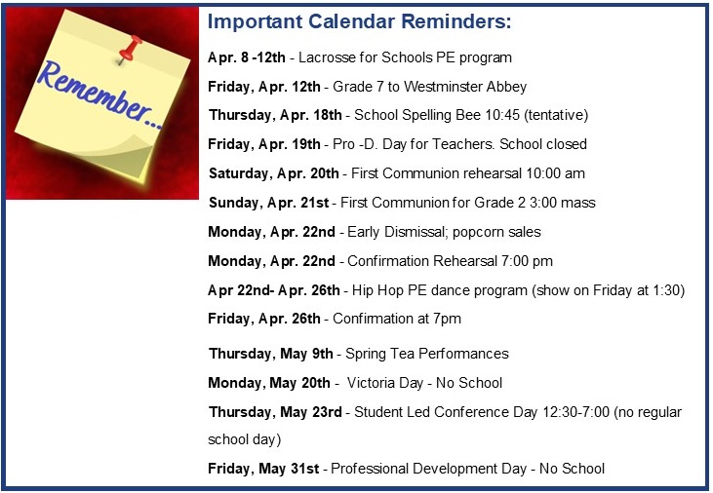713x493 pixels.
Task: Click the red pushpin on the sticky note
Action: (x=130, y=49)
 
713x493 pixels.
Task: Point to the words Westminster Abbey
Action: (x=465, y=87)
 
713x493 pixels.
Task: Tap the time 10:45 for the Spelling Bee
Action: (x=502, y=115)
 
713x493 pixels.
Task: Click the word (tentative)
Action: (x=556, y=115)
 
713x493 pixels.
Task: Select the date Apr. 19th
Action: (x=290, y=144)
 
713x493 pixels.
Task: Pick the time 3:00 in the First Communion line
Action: (x=543, y=203)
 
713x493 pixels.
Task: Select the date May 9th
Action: (x=306, y=354)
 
